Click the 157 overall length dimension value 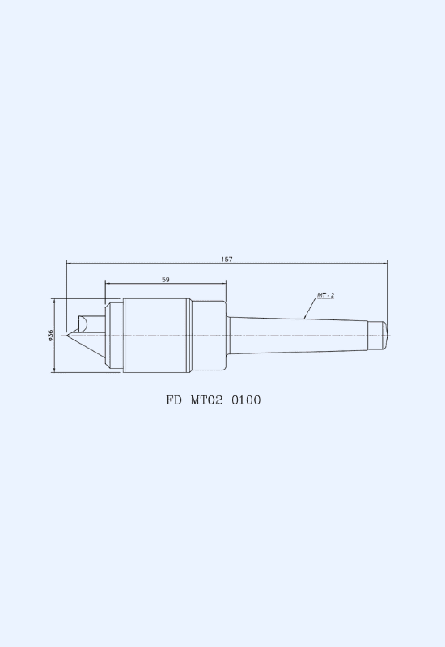pyautogui.click(x=227, y=259)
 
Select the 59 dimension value pyautogui.click(x=166, y=280)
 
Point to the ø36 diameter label pyautogui.click(x=50, y=336)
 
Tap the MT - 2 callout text pyautogui.click(x=326, y=295)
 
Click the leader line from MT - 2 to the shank pyautogui.click(x=310, y=308)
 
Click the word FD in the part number pyautogui.click(x=173, y=400)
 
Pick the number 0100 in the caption pyautogui.click(x=246, y=400)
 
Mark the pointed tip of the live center pyautogui.click(x=67, y=335)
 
